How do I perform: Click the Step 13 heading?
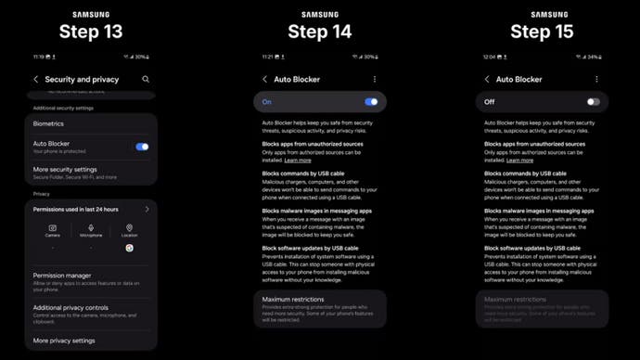(x=90, y=32)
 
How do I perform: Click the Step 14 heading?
(x=320, y=32)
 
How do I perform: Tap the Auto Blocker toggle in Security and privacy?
(x=142, y=147)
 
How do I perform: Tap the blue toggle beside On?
(x=371, y=102)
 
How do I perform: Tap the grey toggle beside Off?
(x=593, y=102)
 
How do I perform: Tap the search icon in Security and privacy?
(x=146, y=80)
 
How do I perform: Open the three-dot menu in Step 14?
(x=375, y=80)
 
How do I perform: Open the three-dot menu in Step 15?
(x=596, y=80)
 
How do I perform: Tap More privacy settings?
(x=64, y=341)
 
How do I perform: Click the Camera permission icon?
(x=53, y=225)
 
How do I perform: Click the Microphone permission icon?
(x=91, y=225)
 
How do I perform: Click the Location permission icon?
(x=129, y=225)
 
